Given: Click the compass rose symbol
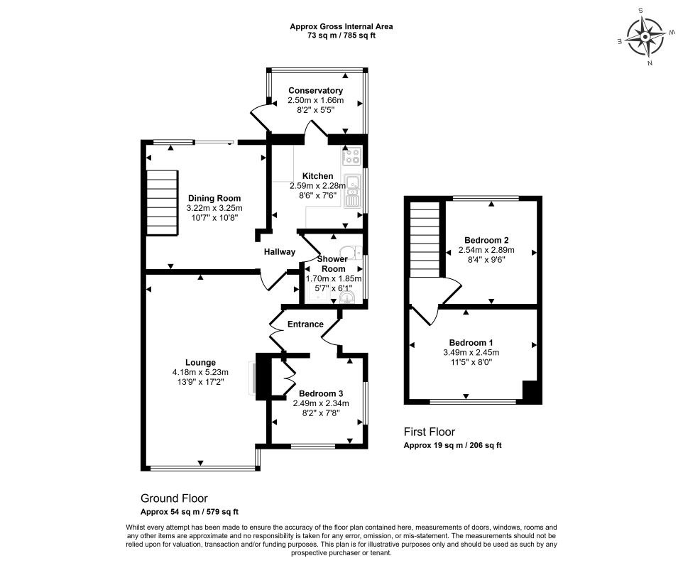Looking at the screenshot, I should (645, 36).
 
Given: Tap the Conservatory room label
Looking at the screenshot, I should (315, 91).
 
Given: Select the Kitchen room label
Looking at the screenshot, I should (317, 176).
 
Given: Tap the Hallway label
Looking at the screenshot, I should (280, 252).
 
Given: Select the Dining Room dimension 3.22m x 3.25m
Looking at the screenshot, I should (214, 208).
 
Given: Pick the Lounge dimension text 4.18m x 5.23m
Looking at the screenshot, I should (200, 373).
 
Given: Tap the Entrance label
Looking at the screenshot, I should (305, 324).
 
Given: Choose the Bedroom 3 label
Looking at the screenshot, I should (321, 394).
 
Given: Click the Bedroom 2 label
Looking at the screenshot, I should (486, 240).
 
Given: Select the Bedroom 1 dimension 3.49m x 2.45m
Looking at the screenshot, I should (471, 353).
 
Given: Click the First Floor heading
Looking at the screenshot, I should (430, 432).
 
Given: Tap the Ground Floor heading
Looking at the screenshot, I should (174, 499).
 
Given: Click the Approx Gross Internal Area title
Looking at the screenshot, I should (341, 26).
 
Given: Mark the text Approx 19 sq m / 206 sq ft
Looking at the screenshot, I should (453, 446).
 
